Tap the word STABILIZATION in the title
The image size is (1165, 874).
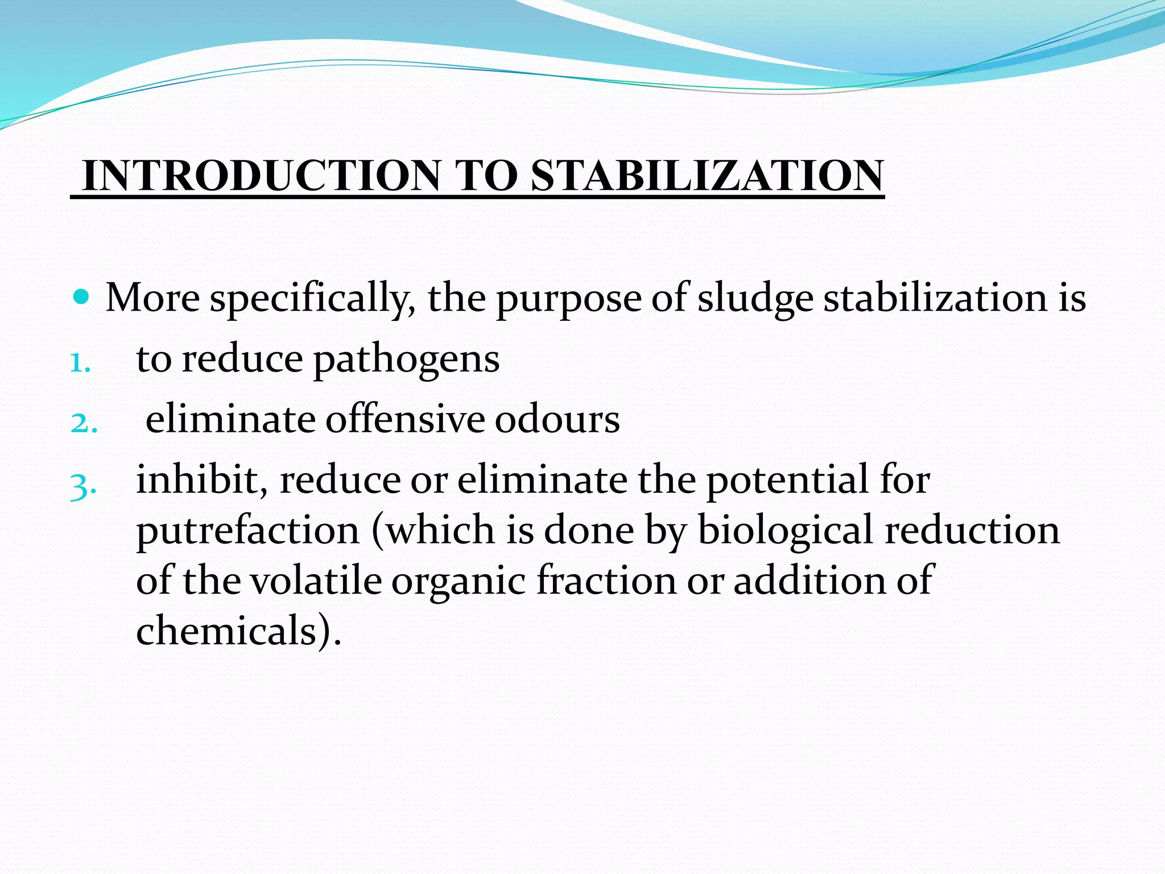pyautogui.click(x=707, y=176)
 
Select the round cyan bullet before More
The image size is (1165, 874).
pyautogui.click(x=82, y=296)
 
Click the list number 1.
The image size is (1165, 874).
pyautogui.click(x=80, y=362)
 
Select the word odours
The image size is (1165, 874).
pyautogui.click(x=557, y=420)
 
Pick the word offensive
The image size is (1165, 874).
pyautogui.click(x=404, y=420)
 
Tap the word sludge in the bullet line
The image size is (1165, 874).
pyautogui.click(x=755, y=299)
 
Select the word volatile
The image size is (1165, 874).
pyautogui.click(x=316, y=581)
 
